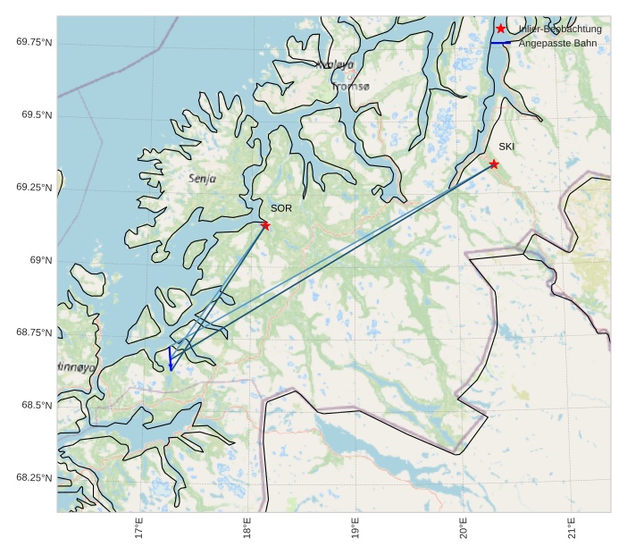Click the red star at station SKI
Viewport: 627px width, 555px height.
pos(494,164)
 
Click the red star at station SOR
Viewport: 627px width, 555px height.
pos(265,225)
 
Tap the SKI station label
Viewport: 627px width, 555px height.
pos(506,147)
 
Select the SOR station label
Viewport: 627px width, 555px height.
pos(281,208)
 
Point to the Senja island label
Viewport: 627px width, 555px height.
pos(203,179)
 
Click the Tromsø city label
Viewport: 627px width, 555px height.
pos(350,87)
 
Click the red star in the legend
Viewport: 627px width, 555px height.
pos(500,29)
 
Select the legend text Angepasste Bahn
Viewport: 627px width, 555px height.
pos(557,43)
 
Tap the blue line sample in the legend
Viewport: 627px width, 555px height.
pos(500,43)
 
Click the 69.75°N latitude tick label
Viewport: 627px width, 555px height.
pos(34,42)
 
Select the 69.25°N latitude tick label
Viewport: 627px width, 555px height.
pos(34,187)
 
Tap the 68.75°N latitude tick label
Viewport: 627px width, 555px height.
pos(34,332)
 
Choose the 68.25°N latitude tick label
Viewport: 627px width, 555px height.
pos(34,478)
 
